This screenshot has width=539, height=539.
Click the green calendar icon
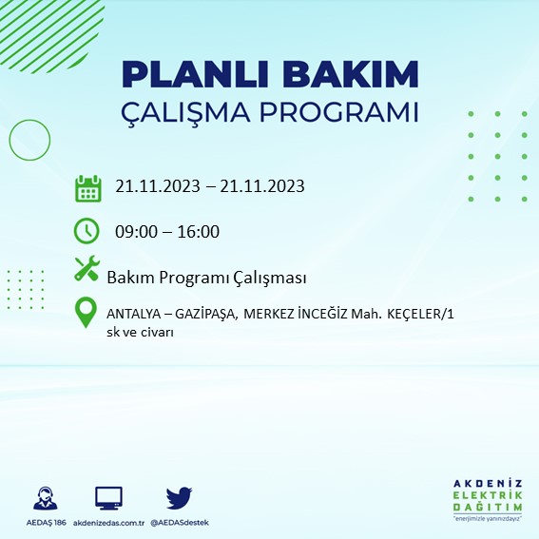87,187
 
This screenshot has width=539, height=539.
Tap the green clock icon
87,230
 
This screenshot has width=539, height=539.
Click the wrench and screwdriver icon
87,270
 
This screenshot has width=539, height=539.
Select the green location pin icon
87,313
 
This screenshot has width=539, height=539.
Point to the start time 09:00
136,231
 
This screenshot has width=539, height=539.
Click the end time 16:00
198,231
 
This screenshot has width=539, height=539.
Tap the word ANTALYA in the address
133,314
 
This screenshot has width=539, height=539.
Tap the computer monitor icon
108,498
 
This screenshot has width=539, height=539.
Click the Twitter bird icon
179,498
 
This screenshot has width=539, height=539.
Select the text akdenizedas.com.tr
108,523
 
